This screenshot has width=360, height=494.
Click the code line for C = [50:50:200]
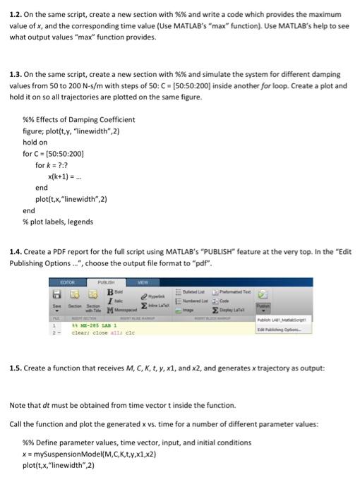tap(54, 152)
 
